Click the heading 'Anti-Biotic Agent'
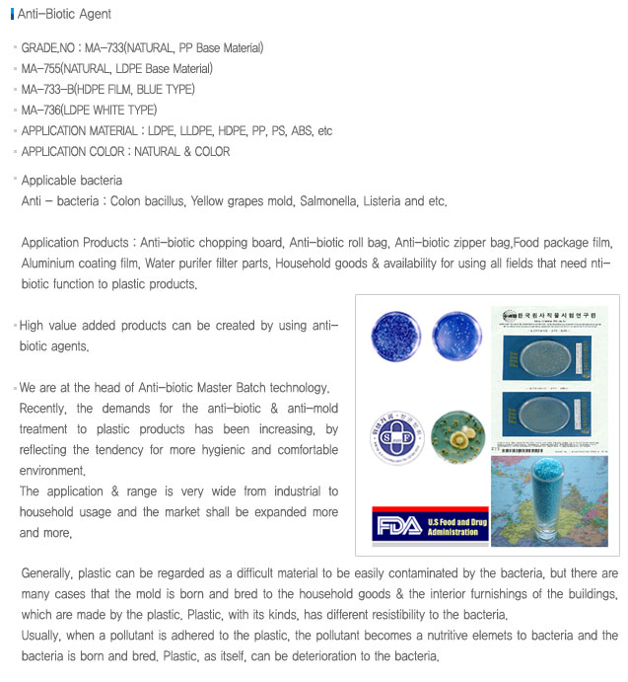pos(64,15)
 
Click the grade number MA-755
pos(40,69)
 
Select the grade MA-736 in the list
pos(40,111)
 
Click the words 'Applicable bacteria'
pos(72,181)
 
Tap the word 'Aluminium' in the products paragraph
pos(54,264)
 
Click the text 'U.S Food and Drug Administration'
pos(454,524)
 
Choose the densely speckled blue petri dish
pos(394,335)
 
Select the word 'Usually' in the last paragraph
pos(43,636)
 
